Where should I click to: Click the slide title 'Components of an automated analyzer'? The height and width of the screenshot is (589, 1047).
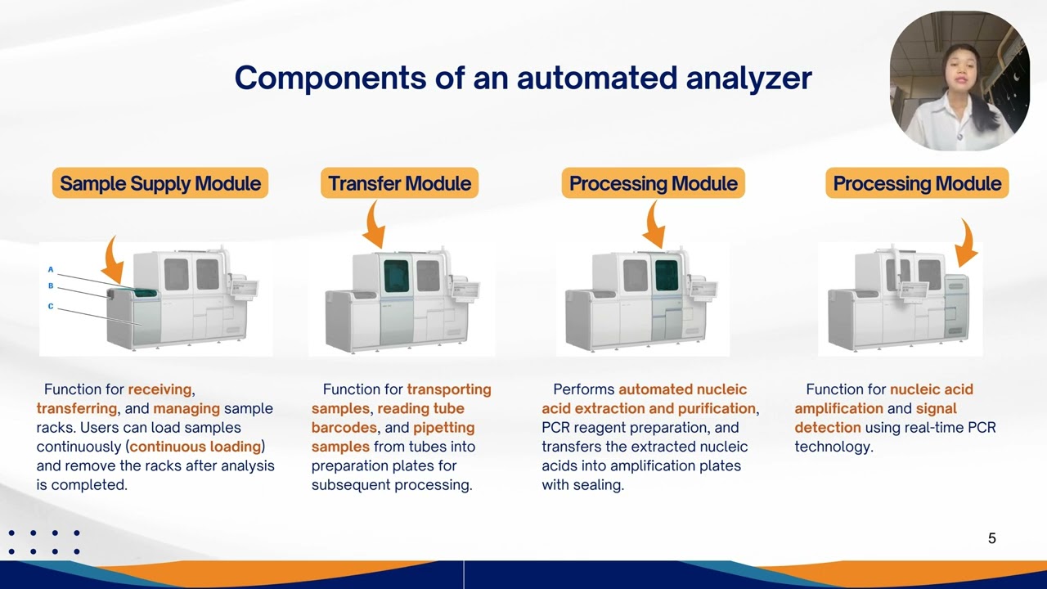pos(523,79)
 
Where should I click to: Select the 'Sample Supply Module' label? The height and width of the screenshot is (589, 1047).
pos(160,183)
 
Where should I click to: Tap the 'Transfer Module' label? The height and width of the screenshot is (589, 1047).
pos(399,183)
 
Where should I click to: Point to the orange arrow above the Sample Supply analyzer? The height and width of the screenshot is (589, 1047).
pos(114,260)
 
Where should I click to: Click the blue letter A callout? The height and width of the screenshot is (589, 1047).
pos(51,269)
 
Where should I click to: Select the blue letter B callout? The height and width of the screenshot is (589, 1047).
pos(51,286)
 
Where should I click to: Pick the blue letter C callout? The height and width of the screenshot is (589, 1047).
pos(51,306)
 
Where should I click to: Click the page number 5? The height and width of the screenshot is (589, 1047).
pos(991,538)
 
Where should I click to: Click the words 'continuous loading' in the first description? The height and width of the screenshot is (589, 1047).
pos(196,447)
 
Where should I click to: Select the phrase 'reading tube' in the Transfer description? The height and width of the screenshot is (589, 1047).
pos(420,408)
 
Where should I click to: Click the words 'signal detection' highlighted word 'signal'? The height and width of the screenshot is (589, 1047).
pos(936,408)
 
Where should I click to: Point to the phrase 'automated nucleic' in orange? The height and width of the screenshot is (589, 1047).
pos(682,389)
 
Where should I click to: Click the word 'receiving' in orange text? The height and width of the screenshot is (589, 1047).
pos(160,389)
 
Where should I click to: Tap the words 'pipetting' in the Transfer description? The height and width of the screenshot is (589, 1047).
pos(443,428)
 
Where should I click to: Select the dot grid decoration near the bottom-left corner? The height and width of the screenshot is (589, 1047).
pos(44,542)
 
